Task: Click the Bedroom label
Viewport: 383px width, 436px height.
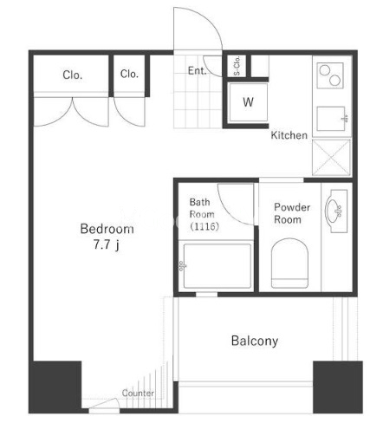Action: click(107, 229)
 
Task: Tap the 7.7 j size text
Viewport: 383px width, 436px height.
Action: click(106, 244)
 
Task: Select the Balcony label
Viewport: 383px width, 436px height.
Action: click(255, 341)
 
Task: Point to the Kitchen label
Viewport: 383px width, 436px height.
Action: click(289, 135)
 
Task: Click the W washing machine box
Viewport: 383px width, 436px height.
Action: click(248, 102)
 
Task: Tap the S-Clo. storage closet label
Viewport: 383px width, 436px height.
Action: click(237, 66)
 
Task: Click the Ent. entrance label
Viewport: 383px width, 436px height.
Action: click(197, 70)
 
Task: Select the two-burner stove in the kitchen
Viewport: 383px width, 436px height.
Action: click(330, 75)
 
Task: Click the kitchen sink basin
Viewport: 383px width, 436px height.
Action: click(331, 119)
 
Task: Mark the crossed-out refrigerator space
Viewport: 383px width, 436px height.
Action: click(331, 158)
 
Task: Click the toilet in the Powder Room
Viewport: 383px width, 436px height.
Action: click(289, 263)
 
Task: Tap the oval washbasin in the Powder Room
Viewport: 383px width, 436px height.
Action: click(334, 211)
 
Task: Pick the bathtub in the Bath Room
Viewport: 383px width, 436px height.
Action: click(217, 266)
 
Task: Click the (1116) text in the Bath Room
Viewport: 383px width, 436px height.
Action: click(204, 226)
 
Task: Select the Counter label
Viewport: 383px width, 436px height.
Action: click(138, 393)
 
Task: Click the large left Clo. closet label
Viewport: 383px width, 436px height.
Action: click(73, 75)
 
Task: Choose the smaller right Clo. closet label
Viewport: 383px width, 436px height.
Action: click(129, 74)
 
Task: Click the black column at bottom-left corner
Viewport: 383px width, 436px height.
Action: click(55, 387)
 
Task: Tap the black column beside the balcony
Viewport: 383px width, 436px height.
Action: click(338, 387)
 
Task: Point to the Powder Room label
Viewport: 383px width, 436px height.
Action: click(292, 213)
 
